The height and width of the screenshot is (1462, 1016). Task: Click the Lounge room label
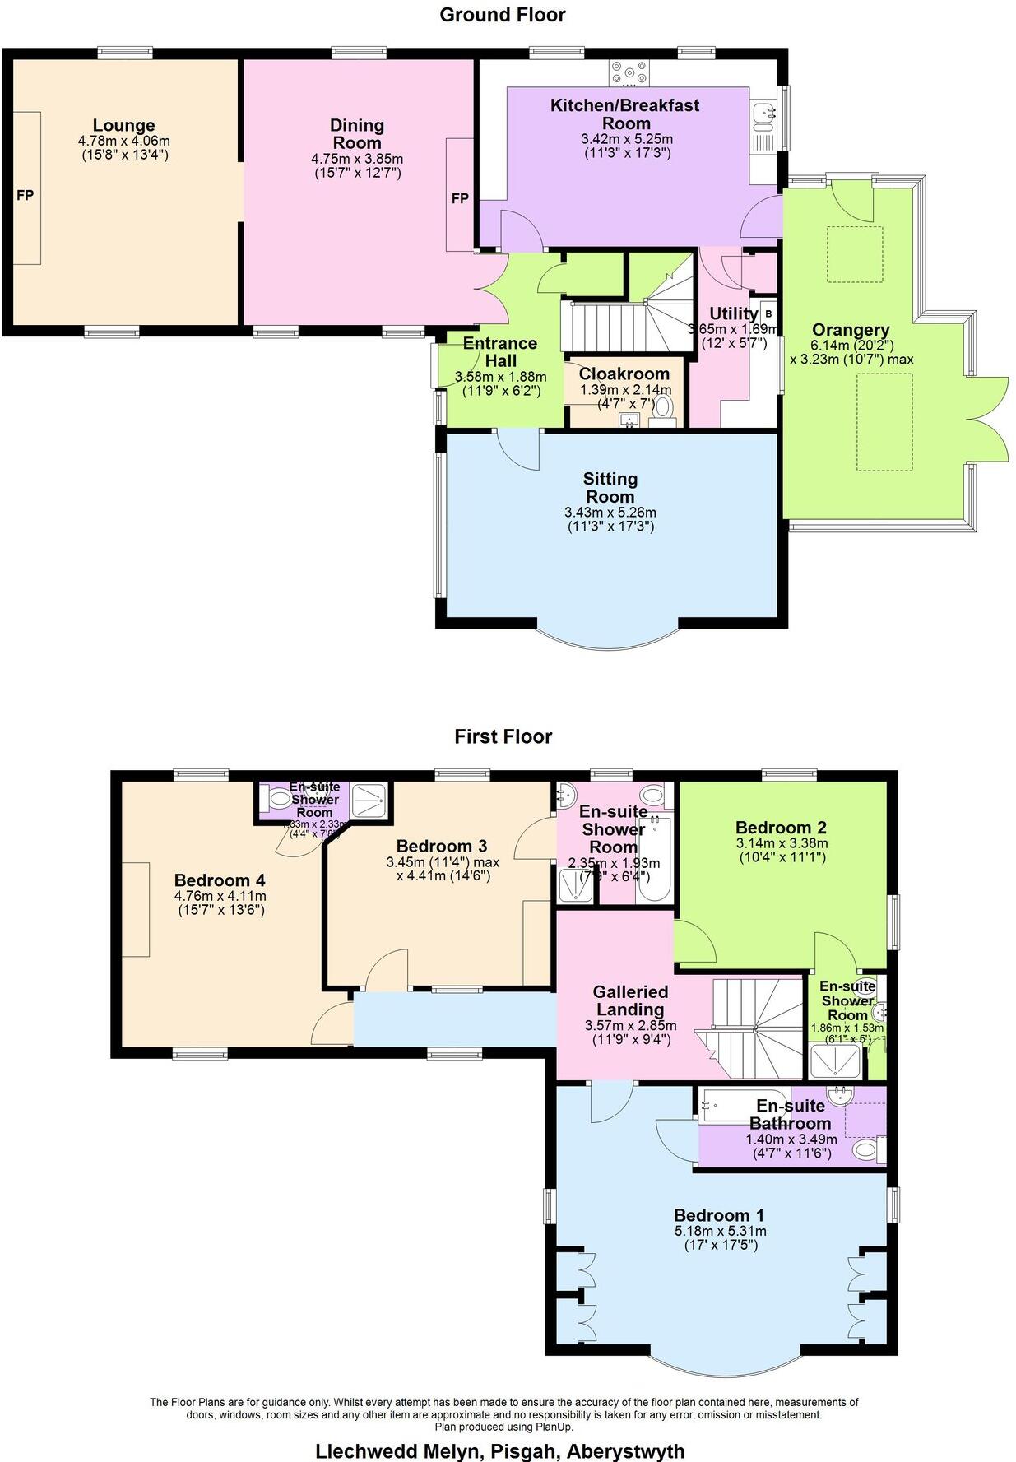(123, 125)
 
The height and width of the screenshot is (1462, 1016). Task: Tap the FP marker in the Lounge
(26, 196)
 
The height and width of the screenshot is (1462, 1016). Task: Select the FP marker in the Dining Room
(459, 198)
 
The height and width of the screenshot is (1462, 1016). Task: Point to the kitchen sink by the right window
(763, 115)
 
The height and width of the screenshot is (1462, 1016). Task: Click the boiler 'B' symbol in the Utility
(768, 313)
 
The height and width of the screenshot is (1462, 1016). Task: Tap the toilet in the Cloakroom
(662, 407)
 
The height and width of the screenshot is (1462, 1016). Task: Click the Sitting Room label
(610, 487)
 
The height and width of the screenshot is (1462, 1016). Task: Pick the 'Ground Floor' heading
(502, 14)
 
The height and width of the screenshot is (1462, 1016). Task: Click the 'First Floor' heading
(503, 736)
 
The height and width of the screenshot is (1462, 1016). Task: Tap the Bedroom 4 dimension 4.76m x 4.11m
(220, 896)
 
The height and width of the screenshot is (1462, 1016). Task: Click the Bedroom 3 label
(442, 846)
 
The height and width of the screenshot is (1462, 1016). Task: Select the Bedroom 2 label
(781, 828)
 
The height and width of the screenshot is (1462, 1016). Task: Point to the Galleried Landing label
(630, 1000)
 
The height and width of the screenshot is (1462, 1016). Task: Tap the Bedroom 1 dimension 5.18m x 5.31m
(720, 1231)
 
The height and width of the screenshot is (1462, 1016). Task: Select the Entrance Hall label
(499, 351)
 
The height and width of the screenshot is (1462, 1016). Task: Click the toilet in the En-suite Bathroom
(866, 1149)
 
